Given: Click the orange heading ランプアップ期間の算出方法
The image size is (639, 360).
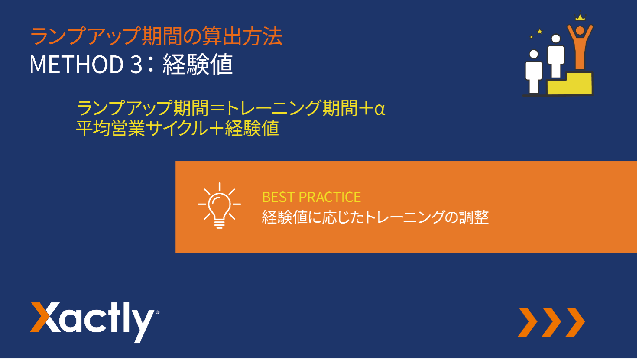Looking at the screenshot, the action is click(x=156, y=36).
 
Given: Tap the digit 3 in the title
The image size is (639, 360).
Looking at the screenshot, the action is click(x=136, y=65).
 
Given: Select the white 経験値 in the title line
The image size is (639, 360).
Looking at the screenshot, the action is click(x=198, y=64).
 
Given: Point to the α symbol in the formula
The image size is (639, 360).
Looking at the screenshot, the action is click(x=380, y=109).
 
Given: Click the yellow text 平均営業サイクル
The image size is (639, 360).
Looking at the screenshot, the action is click(x=142, y=128).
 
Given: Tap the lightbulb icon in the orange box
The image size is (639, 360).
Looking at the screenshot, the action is click(x=219, y=205).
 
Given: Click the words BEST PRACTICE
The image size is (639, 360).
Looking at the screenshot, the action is click(x=311, y=197).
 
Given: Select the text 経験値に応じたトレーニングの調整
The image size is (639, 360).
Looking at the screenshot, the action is click(x=376, y=217).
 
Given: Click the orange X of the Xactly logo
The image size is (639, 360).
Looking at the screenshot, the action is click(x=45, y=317).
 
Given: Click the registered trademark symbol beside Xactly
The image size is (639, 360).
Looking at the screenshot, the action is click(x=157, y=312).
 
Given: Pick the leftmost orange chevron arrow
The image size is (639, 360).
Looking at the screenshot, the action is click(x=528, y=322).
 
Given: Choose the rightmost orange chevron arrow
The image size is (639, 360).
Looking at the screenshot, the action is click(x=575, y=322).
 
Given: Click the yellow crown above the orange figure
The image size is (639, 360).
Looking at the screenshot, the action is click(x=580, y=17).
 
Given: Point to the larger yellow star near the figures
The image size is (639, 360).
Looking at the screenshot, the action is click(x=540, y=31).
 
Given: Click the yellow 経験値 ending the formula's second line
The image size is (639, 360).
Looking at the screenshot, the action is click(x=252, y=128).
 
